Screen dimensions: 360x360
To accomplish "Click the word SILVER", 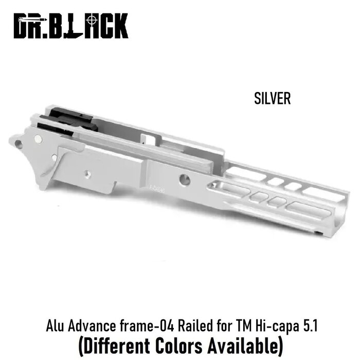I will pos(272,98).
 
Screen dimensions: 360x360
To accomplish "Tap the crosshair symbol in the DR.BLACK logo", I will pos(92,20).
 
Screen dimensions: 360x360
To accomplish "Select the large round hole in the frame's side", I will pos(185,179).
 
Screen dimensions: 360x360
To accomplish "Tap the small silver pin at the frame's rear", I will pos(39,138).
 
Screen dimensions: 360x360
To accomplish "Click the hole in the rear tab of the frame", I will pos(19,144).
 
